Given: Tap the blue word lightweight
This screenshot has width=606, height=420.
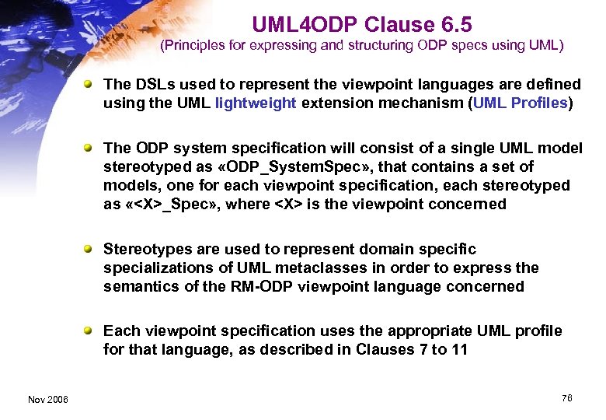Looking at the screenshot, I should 256,103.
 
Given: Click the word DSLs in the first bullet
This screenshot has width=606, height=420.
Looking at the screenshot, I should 148,84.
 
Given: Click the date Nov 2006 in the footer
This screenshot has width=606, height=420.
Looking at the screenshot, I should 47,399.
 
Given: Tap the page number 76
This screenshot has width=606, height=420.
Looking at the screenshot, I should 566,398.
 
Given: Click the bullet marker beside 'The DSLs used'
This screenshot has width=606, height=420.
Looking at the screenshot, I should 92,83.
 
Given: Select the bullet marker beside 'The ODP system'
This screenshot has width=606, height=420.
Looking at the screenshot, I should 92,147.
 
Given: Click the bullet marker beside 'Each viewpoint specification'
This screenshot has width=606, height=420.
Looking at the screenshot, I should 92,330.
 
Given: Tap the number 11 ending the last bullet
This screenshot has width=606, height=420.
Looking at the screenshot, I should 459,349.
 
